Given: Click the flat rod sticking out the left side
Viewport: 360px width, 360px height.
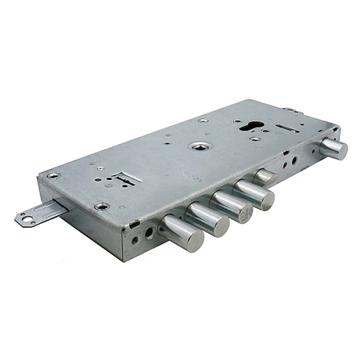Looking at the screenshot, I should tap(40, 212).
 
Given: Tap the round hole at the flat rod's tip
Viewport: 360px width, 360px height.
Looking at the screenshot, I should tap(24, 219).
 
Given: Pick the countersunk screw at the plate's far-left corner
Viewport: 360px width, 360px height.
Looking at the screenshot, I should tap(53, 175).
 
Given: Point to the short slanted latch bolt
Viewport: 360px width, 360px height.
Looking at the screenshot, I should tap(265, 176).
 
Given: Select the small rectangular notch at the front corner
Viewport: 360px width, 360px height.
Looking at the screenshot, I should tap(134, 224).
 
